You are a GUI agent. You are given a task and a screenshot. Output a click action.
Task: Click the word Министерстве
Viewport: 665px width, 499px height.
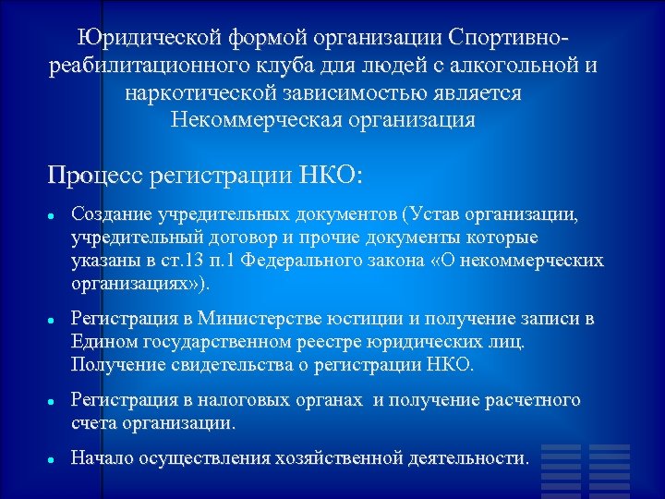coord(277,319)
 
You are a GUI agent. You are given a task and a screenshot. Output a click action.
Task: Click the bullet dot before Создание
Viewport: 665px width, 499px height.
coord(54,215)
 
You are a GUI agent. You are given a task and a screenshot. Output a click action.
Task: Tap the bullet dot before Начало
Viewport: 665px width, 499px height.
coord(54,458)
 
